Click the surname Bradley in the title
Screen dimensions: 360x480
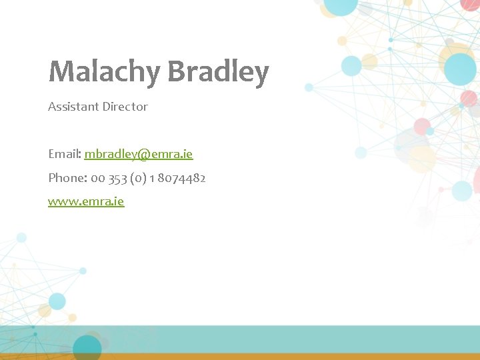217,71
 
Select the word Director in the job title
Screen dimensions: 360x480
125,107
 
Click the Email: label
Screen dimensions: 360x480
64,154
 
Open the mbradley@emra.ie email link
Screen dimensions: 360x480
139,154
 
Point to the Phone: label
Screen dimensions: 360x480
67,178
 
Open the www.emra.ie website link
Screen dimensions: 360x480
86,201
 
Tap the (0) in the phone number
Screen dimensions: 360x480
140,178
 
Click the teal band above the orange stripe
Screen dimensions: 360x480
267,339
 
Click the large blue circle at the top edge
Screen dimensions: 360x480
341,5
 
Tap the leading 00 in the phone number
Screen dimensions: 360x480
97,178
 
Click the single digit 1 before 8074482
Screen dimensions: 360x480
153,178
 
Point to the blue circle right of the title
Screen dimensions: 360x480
351,65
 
